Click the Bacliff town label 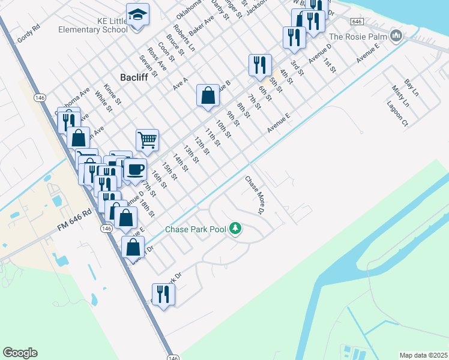134,77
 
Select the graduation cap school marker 137,14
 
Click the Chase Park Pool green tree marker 236,229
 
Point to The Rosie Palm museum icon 395,37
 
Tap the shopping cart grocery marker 147,140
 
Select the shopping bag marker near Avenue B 207,95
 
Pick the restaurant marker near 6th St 260,65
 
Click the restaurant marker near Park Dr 163,294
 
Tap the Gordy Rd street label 28,33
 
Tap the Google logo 20,353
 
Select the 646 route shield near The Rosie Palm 357,22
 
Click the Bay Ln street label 411,87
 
